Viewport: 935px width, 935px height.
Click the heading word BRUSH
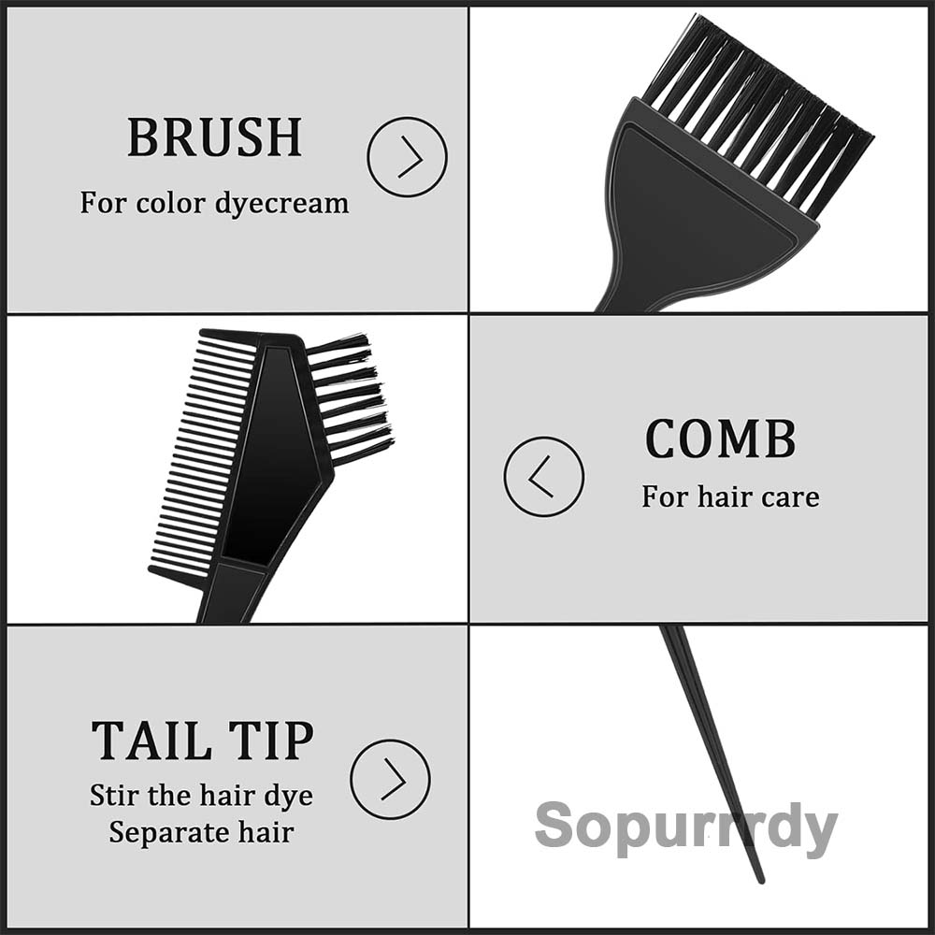click(214, 137)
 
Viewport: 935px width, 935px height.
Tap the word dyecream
click(281, 203)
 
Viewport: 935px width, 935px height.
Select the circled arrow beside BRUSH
click(407, 156)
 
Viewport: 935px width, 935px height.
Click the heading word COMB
click(720, 439)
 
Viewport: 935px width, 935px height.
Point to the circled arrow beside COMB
click(543, 477)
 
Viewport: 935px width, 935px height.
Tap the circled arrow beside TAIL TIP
click(390, 779)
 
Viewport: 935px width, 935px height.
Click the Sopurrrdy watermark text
click(685, 827)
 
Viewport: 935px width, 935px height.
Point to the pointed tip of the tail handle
click(759, 879)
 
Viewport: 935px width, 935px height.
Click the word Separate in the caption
click(161, 831)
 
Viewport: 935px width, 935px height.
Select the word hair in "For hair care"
click(724, 496)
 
